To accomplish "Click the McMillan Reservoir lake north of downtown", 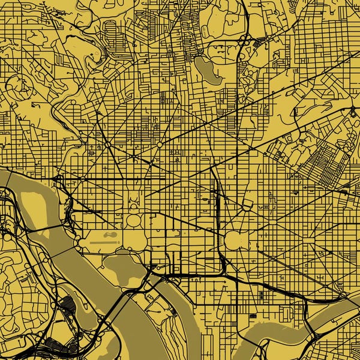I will [x=207, y=71].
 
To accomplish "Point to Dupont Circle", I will [x=107, y=145].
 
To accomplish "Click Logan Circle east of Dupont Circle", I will [x=159, y=145].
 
